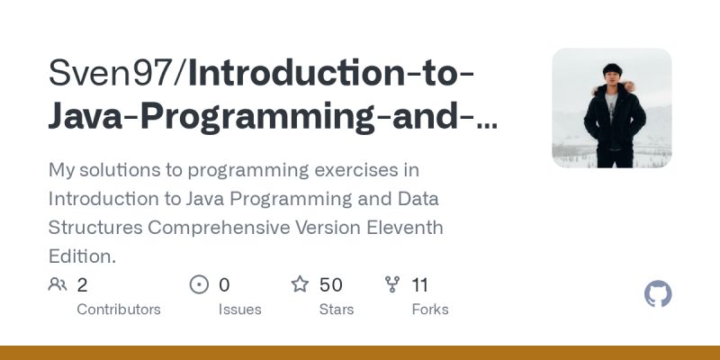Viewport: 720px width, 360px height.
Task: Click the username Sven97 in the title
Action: (114, 74)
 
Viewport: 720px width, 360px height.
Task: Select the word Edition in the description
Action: (78, 256)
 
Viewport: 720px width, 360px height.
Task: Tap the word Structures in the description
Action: (94, 227)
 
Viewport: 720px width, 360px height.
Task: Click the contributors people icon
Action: (58, 285)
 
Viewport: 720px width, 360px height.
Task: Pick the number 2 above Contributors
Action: (82, 285)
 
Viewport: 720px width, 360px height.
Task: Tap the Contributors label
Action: (119, 310)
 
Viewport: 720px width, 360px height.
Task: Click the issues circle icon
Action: (199, 285)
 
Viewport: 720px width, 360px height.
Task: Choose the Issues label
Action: (240, 310)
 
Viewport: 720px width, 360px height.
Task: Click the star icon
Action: (300, 285)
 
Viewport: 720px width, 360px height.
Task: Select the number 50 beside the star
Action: (331, 285)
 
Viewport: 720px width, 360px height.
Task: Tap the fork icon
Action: (391, 285)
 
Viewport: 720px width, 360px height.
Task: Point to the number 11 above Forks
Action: (419, 285)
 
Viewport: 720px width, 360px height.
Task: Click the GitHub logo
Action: (659, 294)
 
